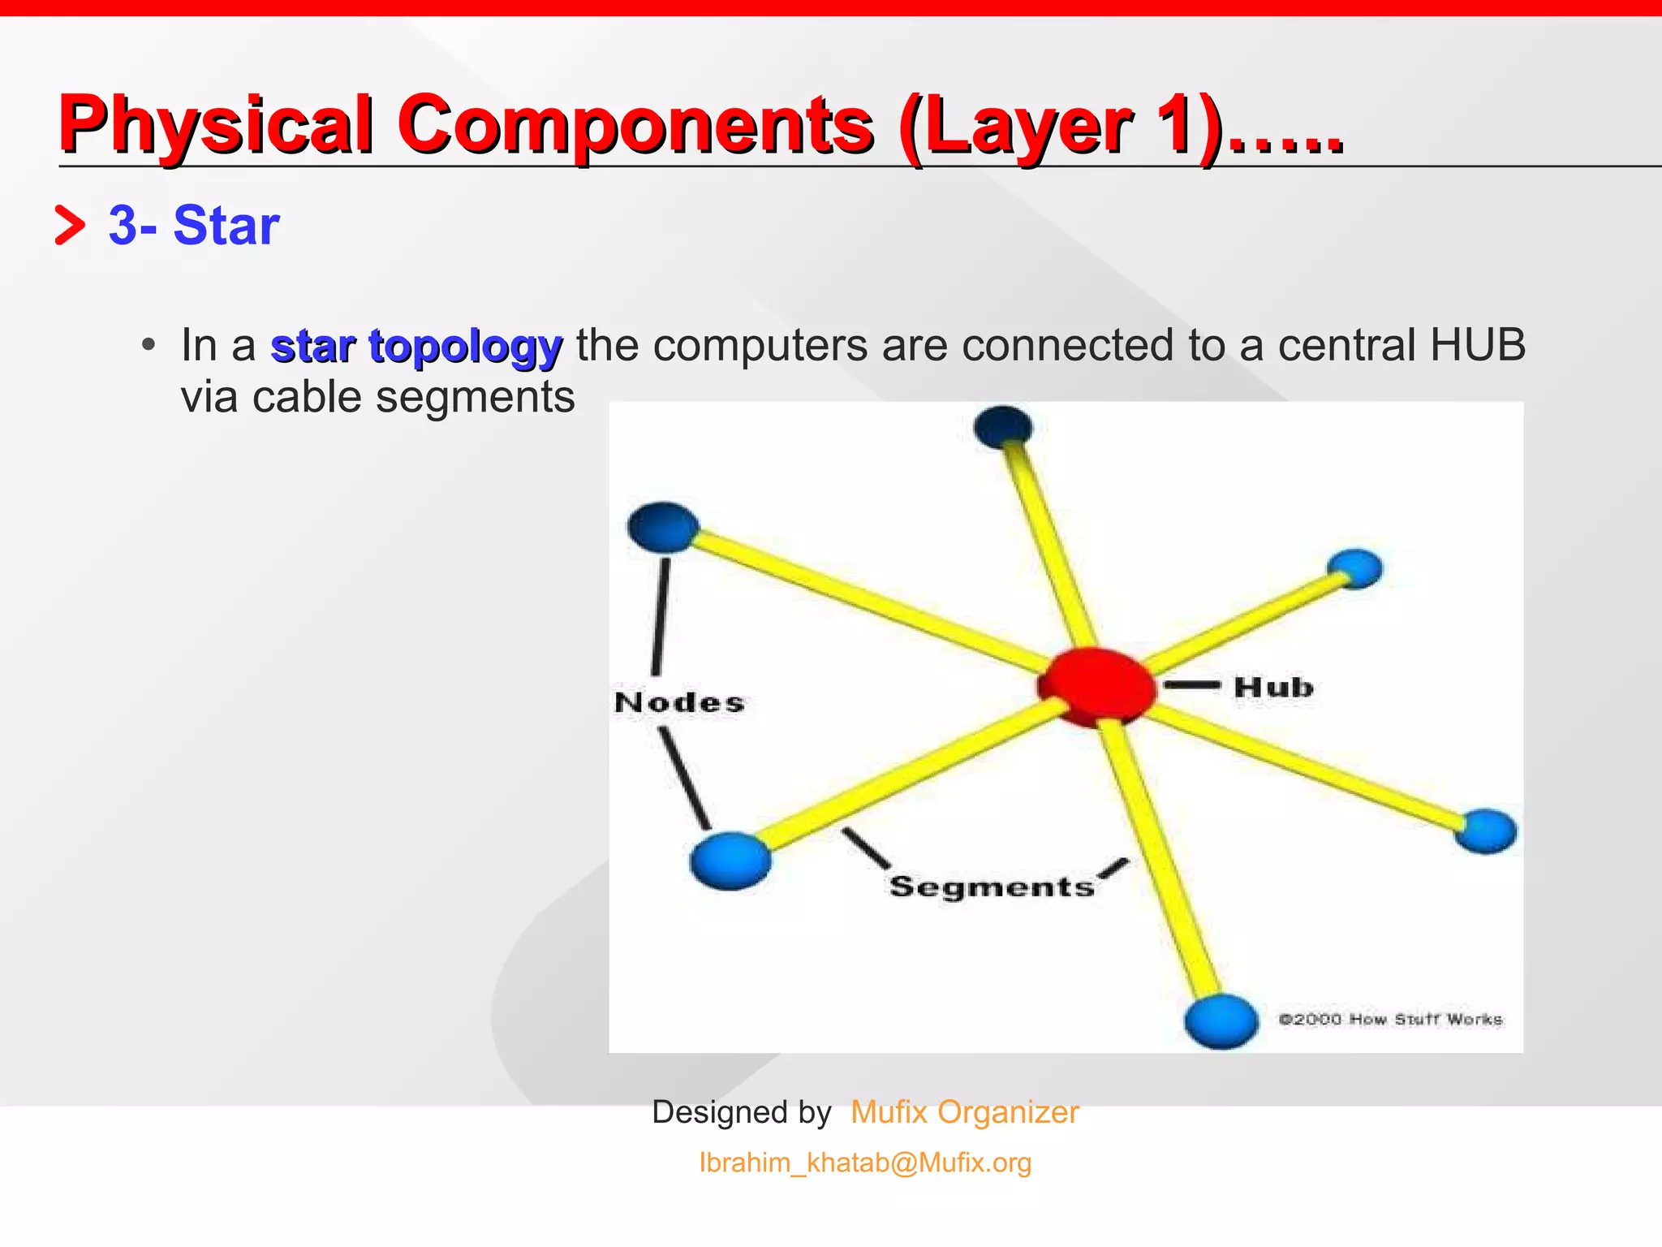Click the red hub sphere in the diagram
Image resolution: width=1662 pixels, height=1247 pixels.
coord(1096,686)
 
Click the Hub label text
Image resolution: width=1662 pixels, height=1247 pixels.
coord(1273,688)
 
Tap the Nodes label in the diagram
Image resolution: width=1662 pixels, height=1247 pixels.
coord(679,703)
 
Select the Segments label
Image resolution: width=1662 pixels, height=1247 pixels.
coord(992,887)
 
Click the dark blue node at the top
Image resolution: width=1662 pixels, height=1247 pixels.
coord(1003,425)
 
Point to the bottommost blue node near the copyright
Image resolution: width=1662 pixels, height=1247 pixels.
coord(1221,1020)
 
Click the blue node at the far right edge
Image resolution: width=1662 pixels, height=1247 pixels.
coord(1485,831)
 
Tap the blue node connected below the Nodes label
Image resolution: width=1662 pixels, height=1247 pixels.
coord(730,860)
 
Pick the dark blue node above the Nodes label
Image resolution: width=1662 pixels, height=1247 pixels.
coord(664,526)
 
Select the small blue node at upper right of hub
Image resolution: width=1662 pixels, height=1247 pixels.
coord(1354,567)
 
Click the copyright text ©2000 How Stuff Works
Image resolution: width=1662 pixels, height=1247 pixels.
coord(1390,1019)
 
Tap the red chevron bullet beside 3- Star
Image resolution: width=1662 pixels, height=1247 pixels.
coord(70,226)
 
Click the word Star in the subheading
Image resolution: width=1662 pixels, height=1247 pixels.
coord(226,225)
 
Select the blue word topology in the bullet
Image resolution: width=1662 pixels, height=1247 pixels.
coord(465,347)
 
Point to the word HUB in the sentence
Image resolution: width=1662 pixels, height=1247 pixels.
coord(1477,345)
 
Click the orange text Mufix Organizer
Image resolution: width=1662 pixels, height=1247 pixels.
coord(964,1112)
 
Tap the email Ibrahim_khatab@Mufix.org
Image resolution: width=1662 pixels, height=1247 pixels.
coord(865,1163)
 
